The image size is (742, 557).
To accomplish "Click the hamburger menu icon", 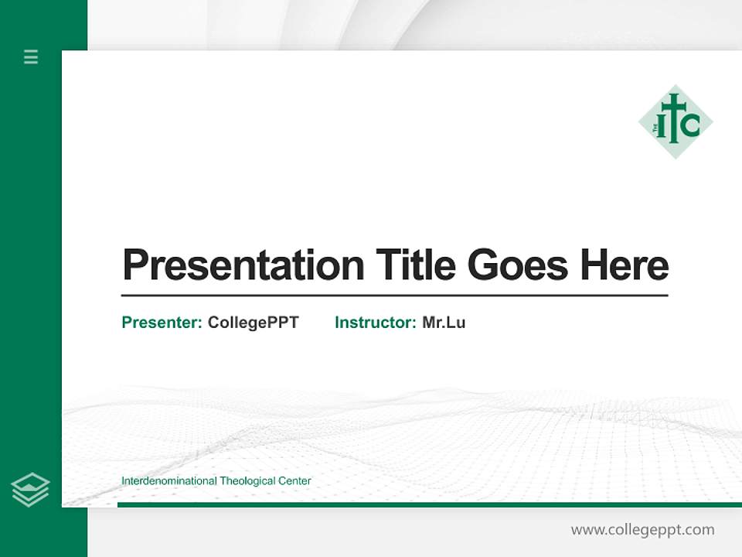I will click(x=31, y=56).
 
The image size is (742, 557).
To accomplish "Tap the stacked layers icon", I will click(x=30, y=490).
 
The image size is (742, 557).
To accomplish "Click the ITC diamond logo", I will click(x=676, y=121).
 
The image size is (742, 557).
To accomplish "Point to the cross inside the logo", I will click(x=674, y=118).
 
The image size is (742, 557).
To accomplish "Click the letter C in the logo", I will click(x=690, y=125).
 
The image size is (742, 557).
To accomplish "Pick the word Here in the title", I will click(x=625, y=265).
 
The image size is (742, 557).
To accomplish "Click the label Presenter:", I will click(x=162, y=323).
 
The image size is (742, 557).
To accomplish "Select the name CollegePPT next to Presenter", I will click(x=254, y=323).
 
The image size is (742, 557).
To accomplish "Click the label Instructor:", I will click(x=376, y=323).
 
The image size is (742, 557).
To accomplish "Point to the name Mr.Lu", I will click(x=444, y=323).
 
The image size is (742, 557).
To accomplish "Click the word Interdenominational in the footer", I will click(x=169, y=481).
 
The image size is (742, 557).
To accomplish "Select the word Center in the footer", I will click(x=296, y=481).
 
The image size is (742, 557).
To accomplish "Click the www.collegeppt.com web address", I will click(x=642, y=530).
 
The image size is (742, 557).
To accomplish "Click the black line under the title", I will click(x=394, y=296).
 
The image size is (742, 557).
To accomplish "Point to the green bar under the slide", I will click(x=429, y=504).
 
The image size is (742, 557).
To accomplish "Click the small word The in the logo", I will click(x=655, y=128).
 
